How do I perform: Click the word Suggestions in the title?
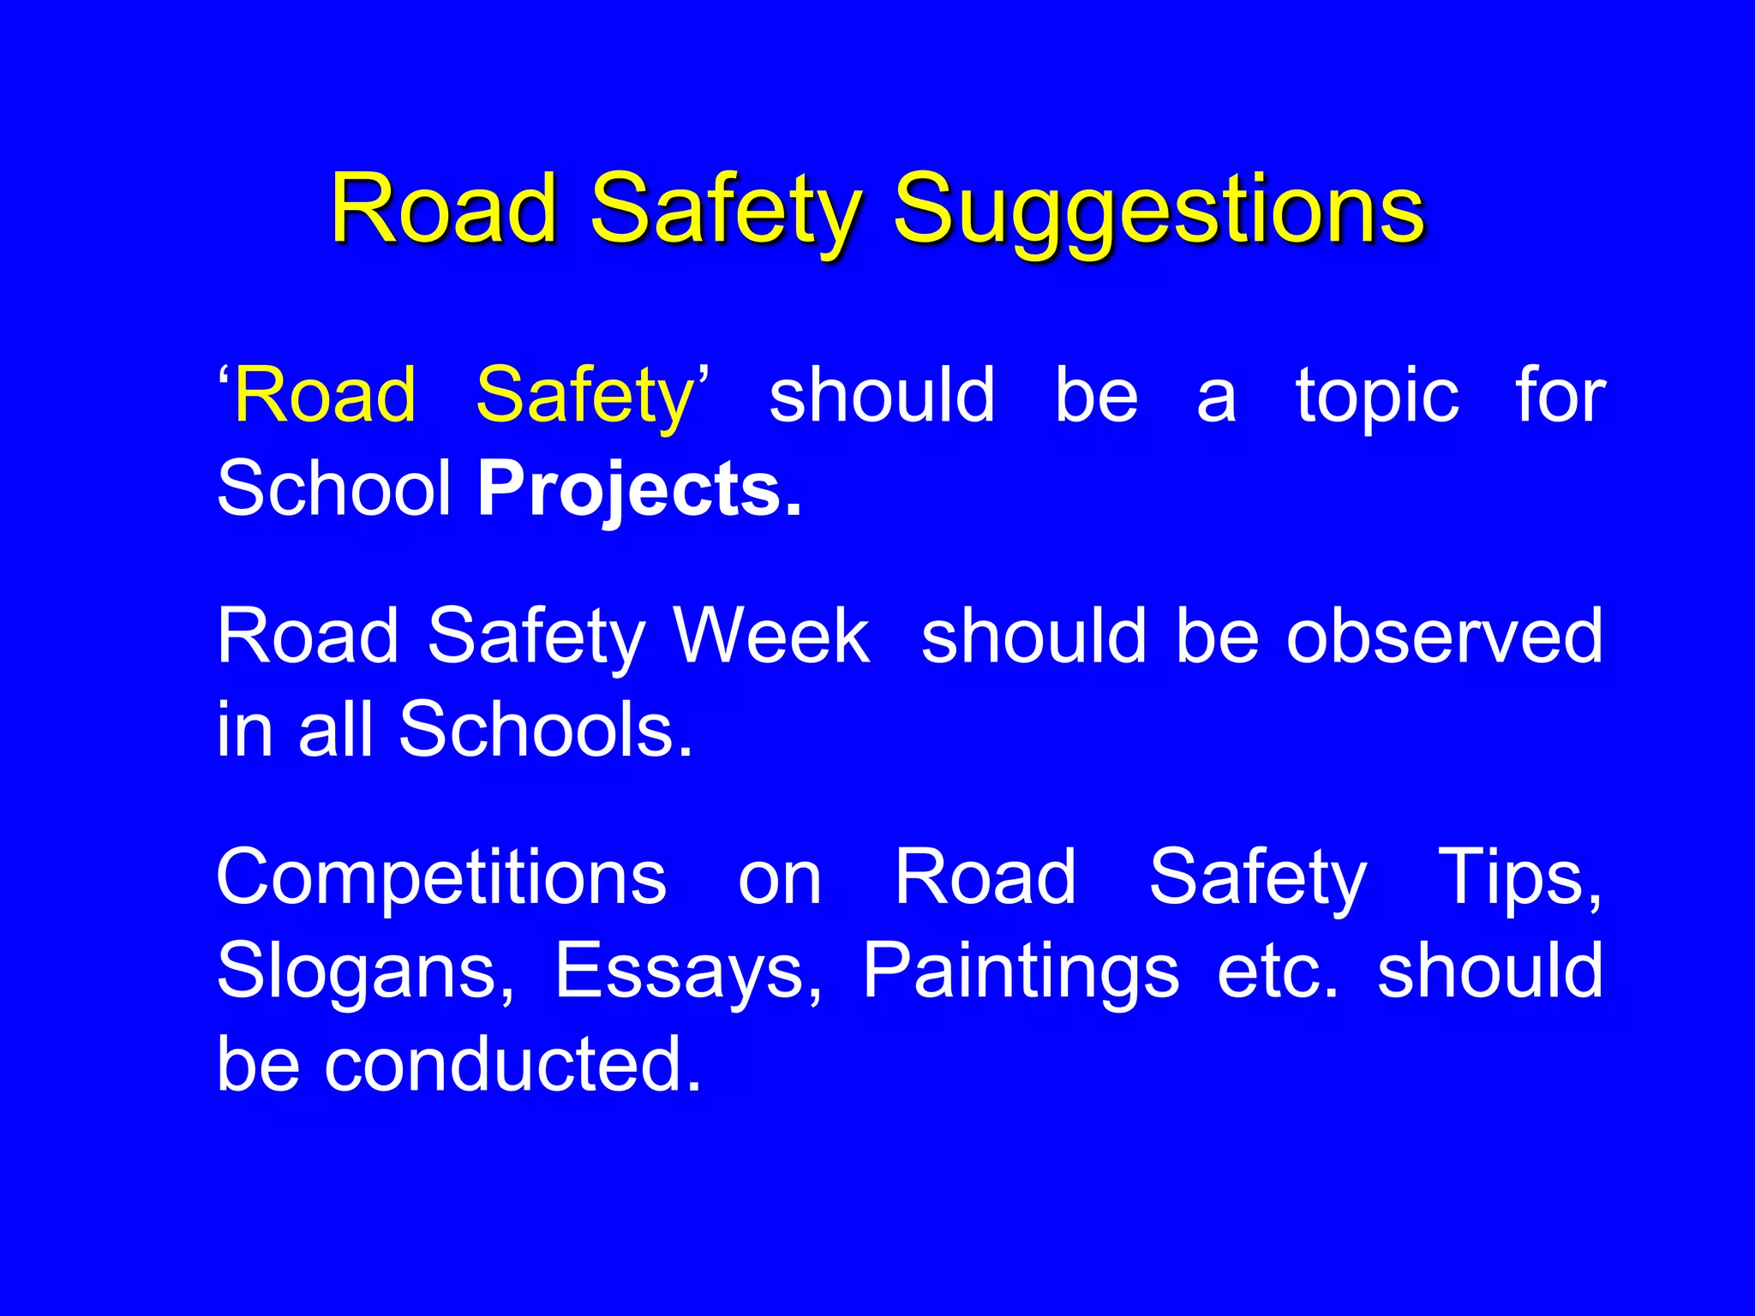pyautogui.click(x=1159, y=210)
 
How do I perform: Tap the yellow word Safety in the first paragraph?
pyautogui.click(x=584, y=395)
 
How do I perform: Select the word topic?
pyautogui.click(x=1376, y=397)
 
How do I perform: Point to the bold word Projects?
pyautogui.click(x=639, y=490)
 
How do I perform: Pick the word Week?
pyautogui.click(x=770, y=636)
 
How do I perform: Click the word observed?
pyautogui.click(x=1443, y=636)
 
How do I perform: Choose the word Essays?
pyautogui.click(x=688, y=971)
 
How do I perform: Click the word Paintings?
pyautogui.click(x=1020, y=971)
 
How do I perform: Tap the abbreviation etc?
pyautogui.click(x=1277, y=971)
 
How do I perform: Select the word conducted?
pyautogui.click(x=512, y=1064)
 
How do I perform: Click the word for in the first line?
pyautogui.click(x=1560, y=395)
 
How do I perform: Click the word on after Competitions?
pyautogui.click(x=779, y=878)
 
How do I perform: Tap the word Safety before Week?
pyautogui.click(x=536, y=637)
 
